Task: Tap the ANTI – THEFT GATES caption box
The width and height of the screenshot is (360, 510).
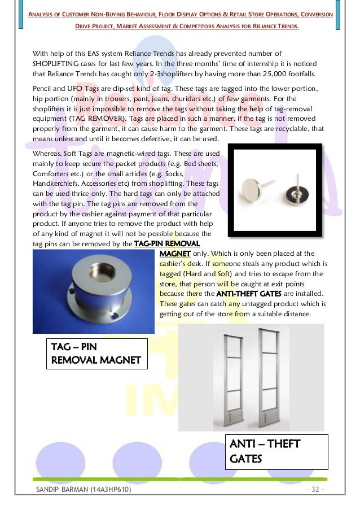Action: click(276, 451)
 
